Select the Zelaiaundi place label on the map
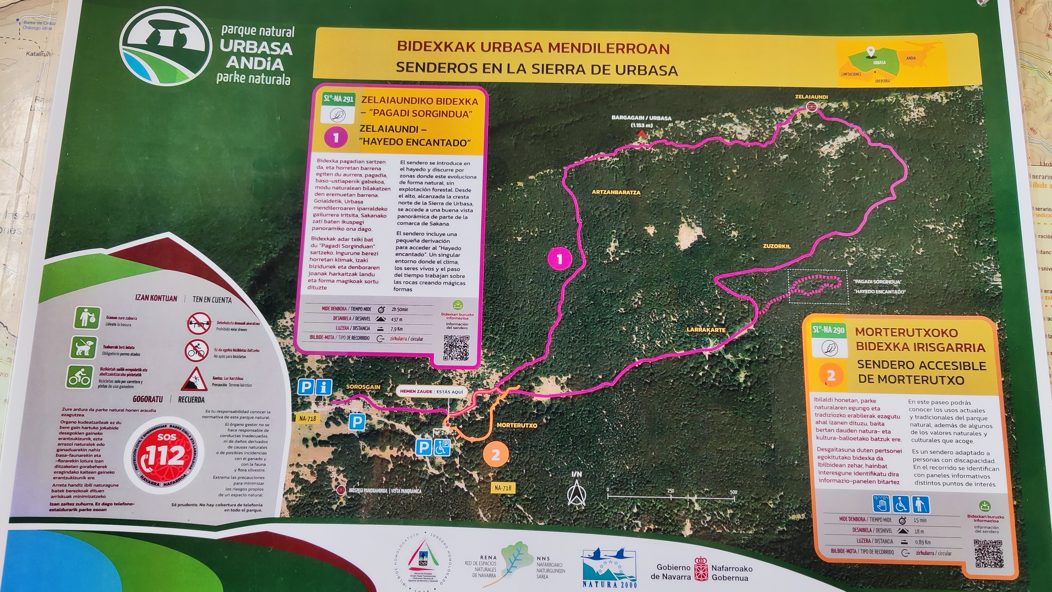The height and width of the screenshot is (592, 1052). pyautogui.click(x=811, y=97)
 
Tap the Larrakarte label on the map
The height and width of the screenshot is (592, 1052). pyautogui.click(x=706, y=330)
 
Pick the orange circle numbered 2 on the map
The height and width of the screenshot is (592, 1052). pyautogui.click(x=496, y=455)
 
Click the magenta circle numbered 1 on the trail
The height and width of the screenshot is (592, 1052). pyautogui.click(x=559, y=259)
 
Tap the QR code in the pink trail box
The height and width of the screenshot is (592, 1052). pyautogui.click(x=456, y=348)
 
